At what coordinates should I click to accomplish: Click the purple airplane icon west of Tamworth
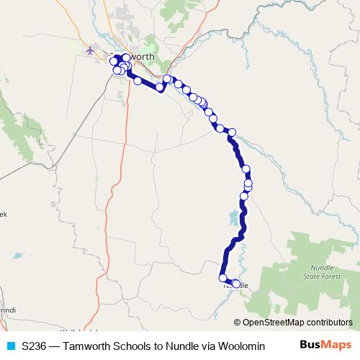point(89,50)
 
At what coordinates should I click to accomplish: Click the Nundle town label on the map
point(238,286)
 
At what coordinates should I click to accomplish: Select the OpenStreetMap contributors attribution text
point(297,323)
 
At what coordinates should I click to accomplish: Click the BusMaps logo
point(326,345)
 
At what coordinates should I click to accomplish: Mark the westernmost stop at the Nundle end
point(223,279)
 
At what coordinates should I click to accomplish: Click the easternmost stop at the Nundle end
point(236,284)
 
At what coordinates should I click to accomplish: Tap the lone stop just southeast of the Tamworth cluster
point(138,81)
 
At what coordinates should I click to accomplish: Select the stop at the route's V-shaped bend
point(160,87)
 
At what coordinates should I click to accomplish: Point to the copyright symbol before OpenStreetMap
point(238,323)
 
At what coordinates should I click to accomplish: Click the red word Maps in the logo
point(337,345)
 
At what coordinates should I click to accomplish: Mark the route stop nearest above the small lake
point(244,196)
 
